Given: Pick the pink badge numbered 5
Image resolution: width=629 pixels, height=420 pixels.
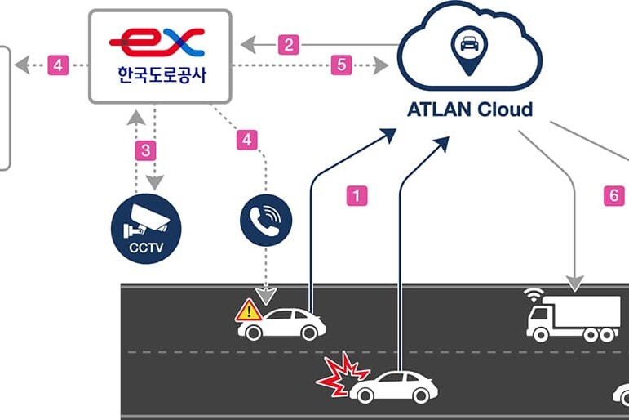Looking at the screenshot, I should [x=342, y=65].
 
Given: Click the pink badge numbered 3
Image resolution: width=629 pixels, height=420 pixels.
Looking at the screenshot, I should [x=145, y=150].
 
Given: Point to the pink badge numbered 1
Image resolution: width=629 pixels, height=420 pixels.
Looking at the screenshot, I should [x=357, y=196].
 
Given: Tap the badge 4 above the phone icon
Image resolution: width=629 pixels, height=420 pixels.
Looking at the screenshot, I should [x=246, y=140].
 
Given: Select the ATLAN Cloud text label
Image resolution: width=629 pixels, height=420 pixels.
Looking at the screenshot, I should [x=469, y=109].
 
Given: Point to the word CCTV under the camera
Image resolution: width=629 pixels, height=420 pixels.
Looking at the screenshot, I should [x=145, y=247].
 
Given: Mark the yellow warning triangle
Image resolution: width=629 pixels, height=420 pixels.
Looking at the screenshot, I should [x=248, y=311].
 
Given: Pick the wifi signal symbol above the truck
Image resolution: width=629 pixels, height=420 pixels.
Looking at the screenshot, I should [x=534, y=294].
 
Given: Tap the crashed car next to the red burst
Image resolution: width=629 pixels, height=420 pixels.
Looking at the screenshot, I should [x=395, y=387].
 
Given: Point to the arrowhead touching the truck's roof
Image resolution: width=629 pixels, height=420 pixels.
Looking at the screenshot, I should [x=575, y=286].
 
